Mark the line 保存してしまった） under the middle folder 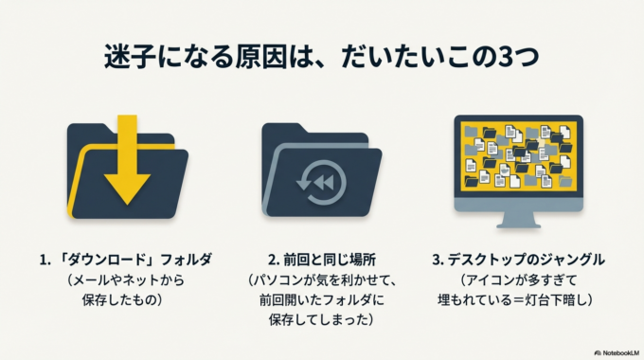321,319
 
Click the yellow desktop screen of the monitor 517,155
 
